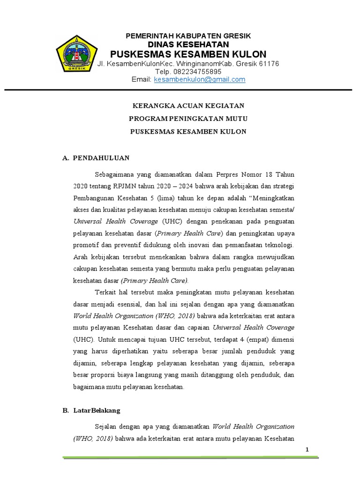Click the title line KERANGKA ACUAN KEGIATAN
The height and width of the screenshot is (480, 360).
click(x=187, y=106)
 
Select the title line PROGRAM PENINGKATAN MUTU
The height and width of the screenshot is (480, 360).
click(x=187, y=119)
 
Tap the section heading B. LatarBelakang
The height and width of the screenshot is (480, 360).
click(x=91, y=410)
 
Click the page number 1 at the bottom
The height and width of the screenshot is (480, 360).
click(x=307, y=450)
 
